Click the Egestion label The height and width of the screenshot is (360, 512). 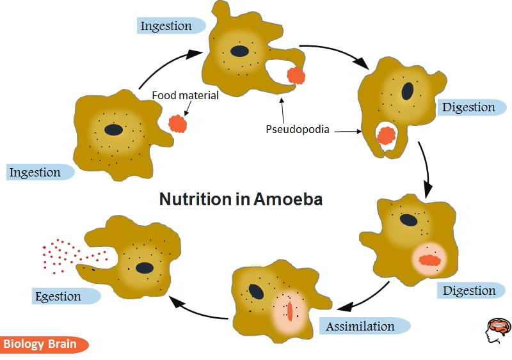[59, 297]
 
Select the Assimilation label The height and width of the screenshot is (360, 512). [361, 327]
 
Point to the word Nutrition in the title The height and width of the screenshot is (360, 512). [196, 199]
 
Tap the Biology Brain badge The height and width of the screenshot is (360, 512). [40, 345]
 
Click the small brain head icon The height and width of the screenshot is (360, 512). [497, 329]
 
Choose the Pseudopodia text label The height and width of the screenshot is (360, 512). [297, 130]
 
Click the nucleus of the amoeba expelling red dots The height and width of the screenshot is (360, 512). [145, 267]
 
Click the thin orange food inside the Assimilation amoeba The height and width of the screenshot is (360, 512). [289, 311]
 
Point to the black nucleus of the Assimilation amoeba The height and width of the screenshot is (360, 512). [257, 292]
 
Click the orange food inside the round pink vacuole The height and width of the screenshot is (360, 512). [430, 260]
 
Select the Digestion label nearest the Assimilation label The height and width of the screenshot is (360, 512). [469, 291]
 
